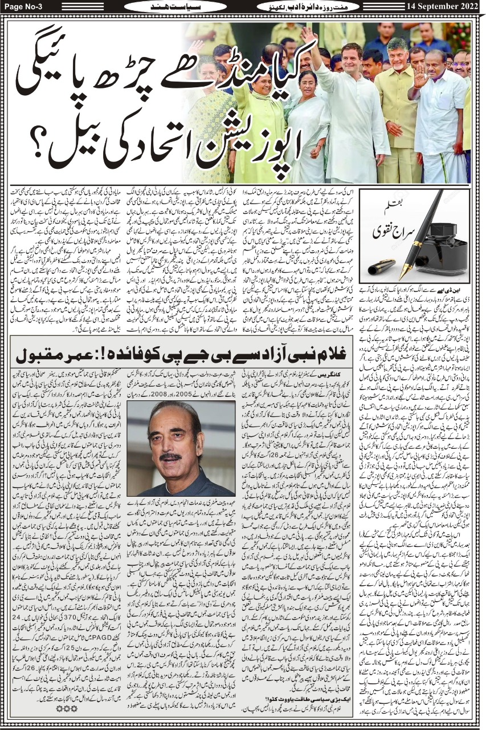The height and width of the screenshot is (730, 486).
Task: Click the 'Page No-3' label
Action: tap(21, 6)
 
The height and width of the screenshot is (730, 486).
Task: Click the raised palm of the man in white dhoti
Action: tap(420, 75)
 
